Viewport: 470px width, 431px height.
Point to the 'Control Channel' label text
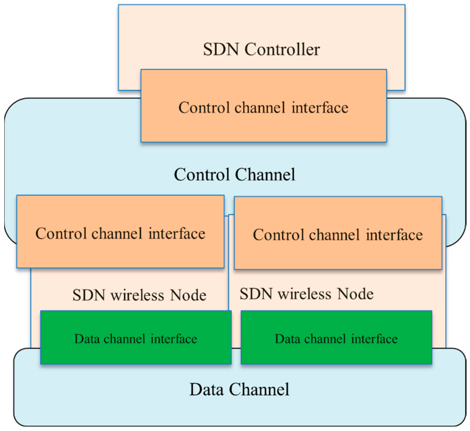(234, 175)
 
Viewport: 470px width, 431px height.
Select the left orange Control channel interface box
(120, 251)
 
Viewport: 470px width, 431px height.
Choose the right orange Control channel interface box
(338, 252)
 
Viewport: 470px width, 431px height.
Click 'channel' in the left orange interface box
(117, 233)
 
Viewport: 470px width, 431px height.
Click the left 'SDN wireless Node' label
(139, 295)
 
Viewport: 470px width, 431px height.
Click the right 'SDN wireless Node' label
(307, 294)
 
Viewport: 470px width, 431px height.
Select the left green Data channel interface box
(136, 352)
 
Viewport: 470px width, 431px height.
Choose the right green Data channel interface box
(336, 352)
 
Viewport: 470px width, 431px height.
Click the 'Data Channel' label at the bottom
(239, 389)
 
